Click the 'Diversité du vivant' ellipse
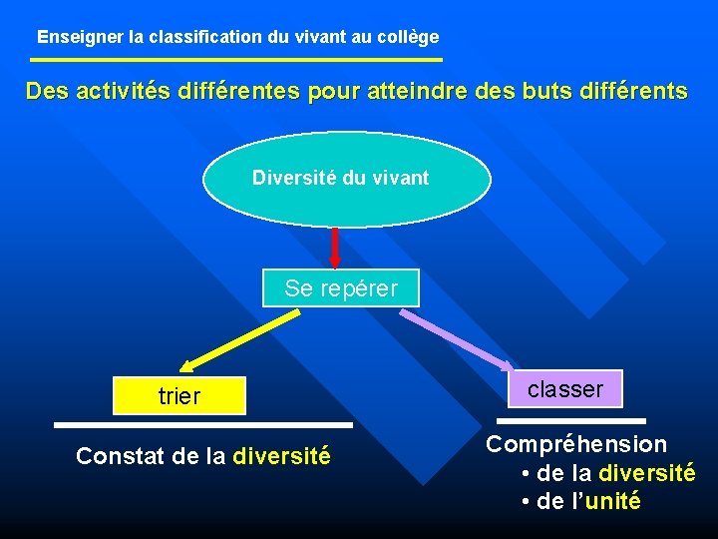coord(346,180)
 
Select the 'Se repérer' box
coord(340,288)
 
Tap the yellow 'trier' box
coord(179,396)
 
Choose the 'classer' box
coord(565,389)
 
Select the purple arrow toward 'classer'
coord(457,340)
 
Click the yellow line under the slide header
coord(235,60)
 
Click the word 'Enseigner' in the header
coord(81,37)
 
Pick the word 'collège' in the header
coord(410,37)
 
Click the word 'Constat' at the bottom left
coord(111,457)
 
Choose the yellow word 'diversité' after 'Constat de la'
coord(281,457)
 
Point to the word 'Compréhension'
coord(576,444)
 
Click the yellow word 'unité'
coord(613,501)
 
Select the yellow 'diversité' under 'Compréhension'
coord(646,473)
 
